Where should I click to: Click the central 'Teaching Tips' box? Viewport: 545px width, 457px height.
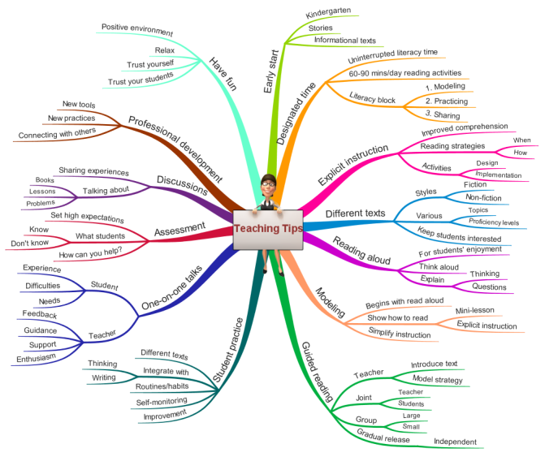(268, 230)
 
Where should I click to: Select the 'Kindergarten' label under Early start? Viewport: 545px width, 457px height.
(328, 13)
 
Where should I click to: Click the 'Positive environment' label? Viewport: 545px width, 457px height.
(137, 29)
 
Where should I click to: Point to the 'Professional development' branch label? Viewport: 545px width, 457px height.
(175, 149)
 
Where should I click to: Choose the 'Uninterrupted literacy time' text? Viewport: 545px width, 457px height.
(393, 56)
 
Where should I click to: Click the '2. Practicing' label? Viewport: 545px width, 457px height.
(447, 101)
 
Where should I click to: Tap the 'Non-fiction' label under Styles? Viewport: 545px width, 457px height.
(483, 197)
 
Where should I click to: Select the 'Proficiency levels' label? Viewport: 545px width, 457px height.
(494, 222)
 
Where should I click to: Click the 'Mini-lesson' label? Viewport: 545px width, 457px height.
(475, 310)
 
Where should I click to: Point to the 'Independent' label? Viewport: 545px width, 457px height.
(456, 442)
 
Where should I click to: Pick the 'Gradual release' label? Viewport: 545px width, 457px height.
(383, 436)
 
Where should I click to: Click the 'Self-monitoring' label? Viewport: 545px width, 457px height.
(162, 402)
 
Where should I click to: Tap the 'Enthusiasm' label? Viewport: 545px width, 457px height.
(37, 358)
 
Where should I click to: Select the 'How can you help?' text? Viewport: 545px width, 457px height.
(90, 252)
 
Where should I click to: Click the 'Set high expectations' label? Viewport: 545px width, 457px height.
(87, 217)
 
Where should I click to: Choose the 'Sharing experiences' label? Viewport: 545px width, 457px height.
(93, 171)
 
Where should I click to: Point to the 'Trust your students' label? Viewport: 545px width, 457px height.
(141, 79)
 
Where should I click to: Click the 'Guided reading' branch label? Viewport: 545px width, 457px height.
(317, 372)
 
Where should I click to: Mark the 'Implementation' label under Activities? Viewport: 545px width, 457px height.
(499, 175)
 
